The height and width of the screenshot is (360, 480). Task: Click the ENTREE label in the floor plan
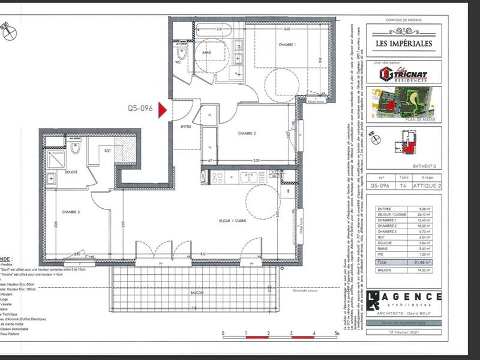[x=186, y=127]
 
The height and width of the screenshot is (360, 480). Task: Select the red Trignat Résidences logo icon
[x=386, y=74]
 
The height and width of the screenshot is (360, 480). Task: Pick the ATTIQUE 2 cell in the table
[x=427, y=185]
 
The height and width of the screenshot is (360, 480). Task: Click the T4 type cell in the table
[x=404, y=185]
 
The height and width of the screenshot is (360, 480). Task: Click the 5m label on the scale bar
[x=337, y=332]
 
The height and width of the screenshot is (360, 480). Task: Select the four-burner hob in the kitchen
[x=217, y=177]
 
